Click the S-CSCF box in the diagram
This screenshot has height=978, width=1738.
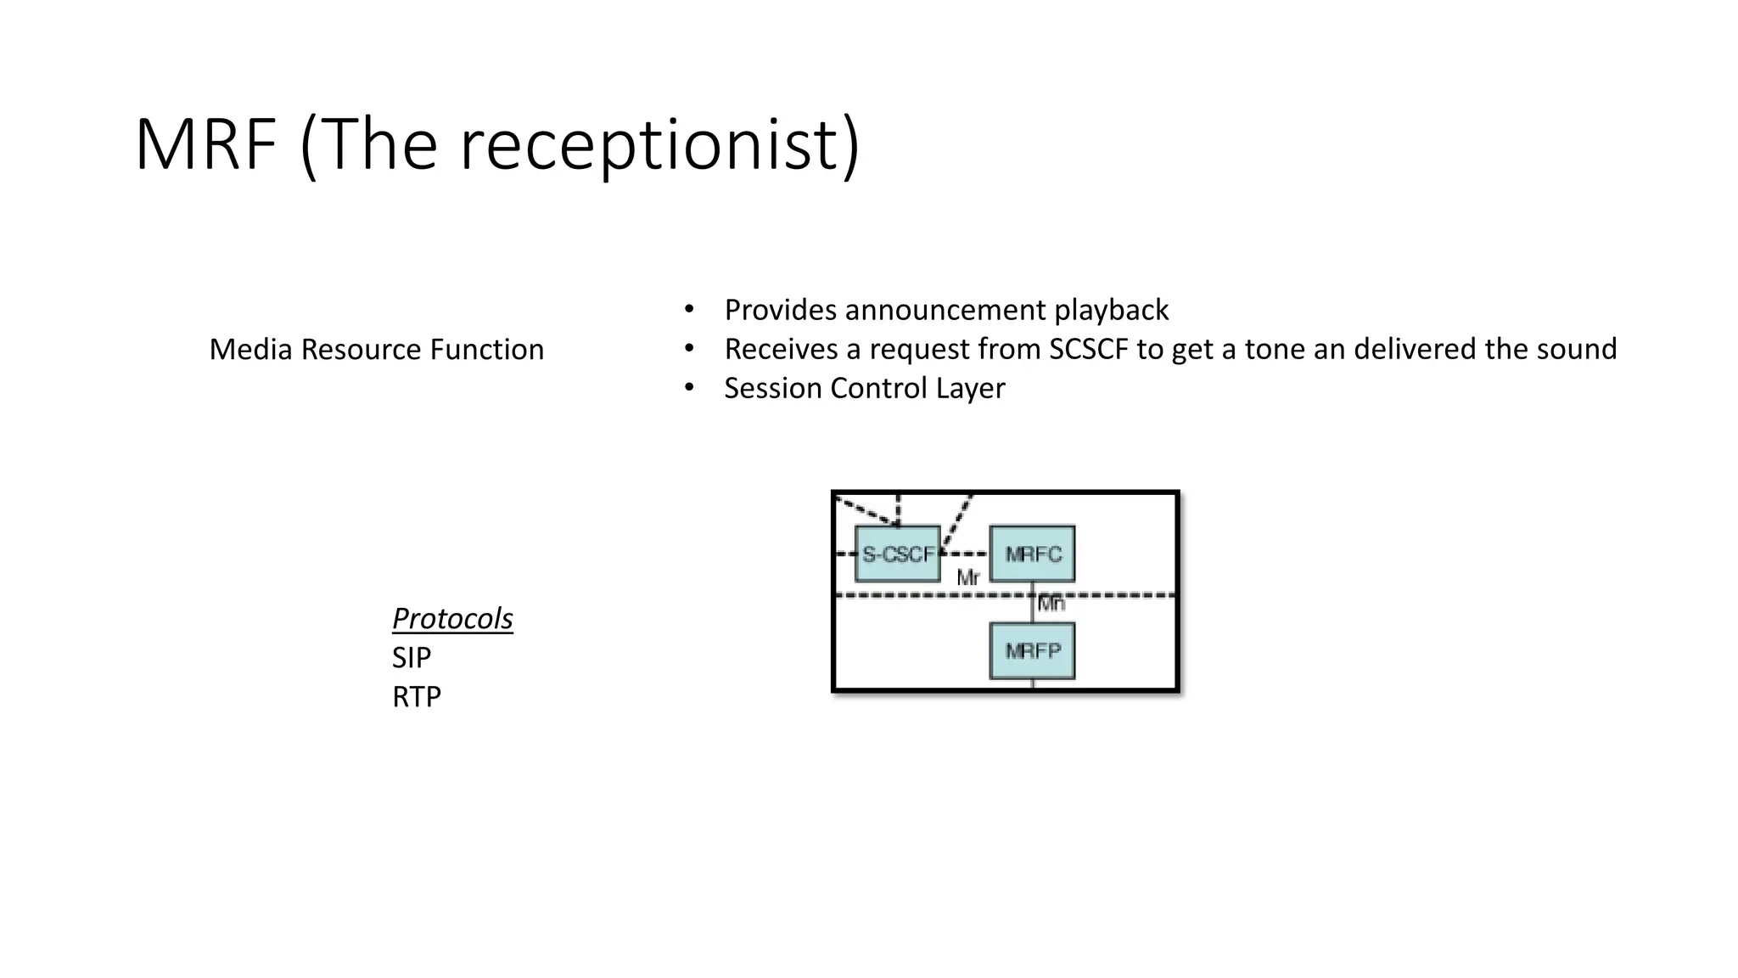pyautogui.click(x=898, y=554)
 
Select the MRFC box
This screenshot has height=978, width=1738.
pyautogui.click(x=1033, y=554)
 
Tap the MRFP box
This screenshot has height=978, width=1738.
pyautogui.click(x=1033, y=651)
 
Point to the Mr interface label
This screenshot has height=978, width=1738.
pyautogui.click(x=967, y=578)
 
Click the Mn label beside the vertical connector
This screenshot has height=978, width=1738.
pyautogui.click(x=1051, y=604)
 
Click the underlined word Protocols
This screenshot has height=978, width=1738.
pyautogui.click(x=452, y=619)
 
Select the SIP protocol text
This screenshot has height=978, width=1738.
pyautogui.click(x=412, y=657)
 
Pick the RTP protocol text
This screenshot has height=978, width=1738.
pyautogui.click(x=417, y=696)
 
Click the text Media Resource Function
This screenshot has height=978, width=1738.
pyautogui.click(x=376, y=349)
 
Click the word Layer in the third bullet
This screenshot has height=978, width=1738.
pyautogui.click(x=970, y=388)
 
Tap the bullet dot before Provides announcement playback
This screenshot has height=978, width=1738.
pyautogui.click(x=689, y=310)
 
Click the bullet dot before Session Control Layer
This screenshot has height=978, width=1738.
pyautogui.click(x=689, y=388)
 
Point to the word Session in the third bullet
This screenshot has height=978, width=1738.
pyautogui.click(x=773, y=388)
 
